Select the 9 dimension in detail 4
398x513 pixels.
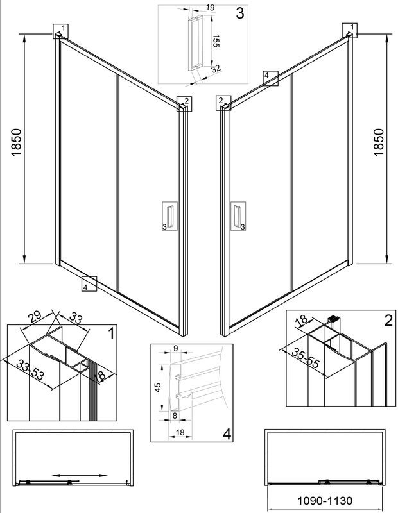tap(175, 349)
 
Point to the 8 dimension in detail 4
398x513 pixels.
tap(175, 416)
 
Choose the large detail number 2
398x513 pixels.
tap(387, 321)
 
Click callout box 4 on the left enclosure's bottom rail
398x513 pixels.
tap(88, 283)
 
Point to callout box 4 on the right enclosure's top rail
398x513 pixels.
tap(270, 78)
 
